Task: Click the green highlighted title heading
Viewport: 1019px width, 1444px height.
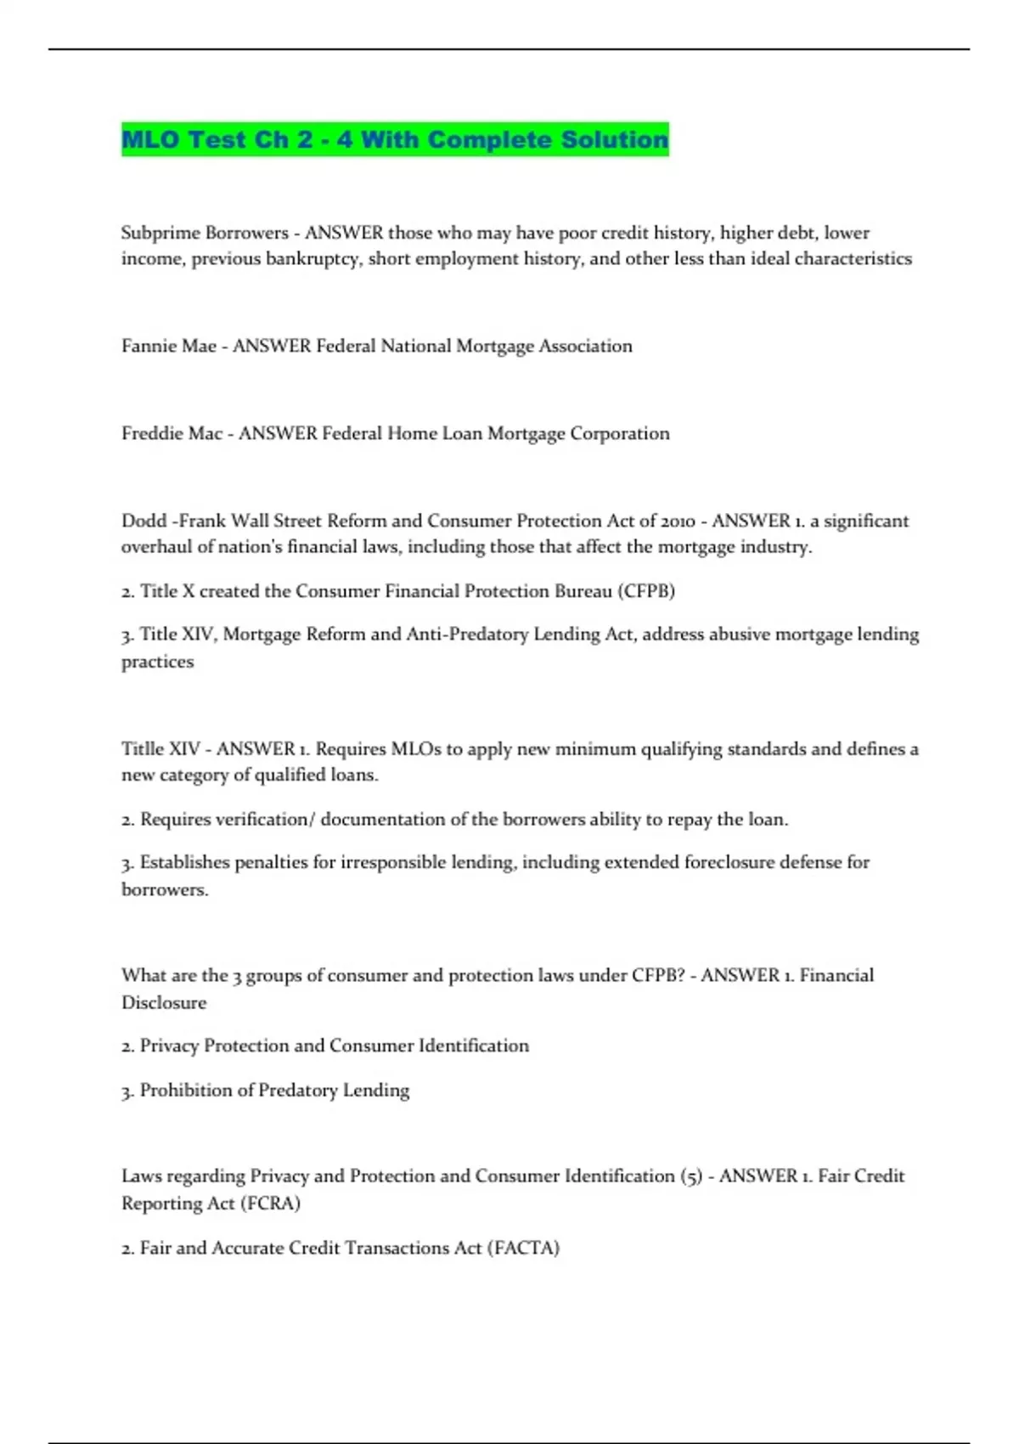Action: point(395,139)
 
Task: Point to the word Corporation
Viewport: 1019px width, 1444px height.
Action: point(619,433)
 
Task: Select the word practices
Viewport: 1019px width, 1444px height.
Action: point(157,662)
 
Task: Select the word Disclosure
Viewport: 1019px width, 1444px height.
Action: point(164,1002)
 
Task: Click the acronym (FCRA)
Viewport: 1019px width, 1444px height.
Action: point(270,1204)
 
